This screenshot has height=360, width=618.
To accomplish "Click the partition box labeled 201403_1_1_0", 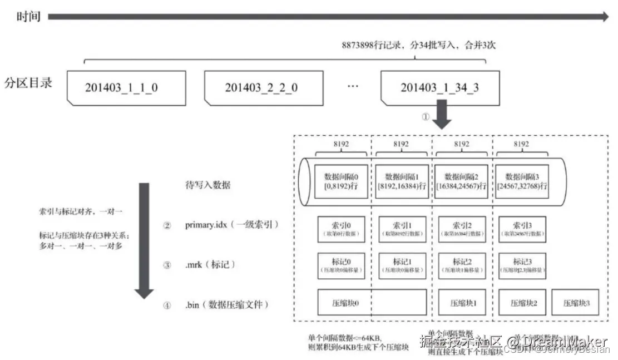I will [x=125, y=88].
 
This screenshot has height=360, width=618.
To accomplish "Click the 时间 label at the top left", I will [x=28, y=17].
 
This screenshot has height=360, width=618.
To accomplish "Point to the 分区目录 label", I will [x=28, y=83].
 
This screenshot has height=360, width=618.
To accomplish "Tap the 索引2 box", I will [x=462, y=229].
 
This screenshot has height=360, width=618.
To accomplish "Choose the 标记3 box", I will [x=522, y=265].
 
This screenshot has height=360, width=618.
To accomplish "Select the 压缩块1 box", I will [x=462, y=304].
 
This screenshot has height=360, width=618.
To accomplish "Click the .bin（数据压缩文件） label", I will [x=228, y=305].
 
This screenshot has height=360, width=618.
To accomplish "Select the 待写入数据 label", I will [x=207, y=186].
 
